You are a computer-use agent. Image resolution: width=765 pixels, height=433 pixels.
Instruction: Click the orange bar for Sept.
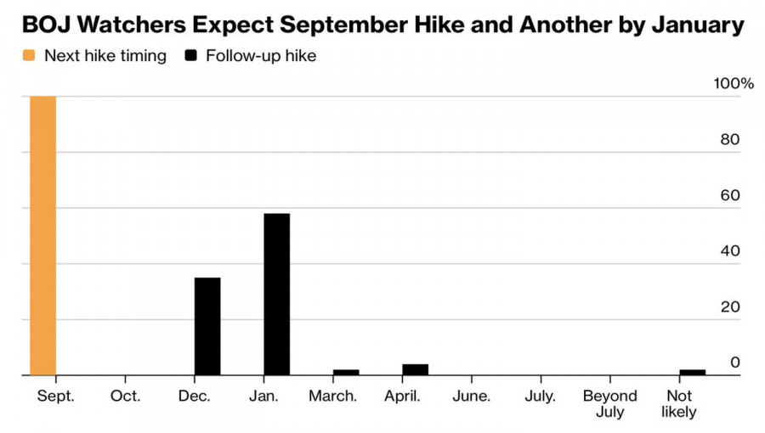[43, 236]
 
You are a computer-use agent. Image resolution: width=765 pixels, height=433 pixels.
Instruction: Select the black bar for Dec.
[207, 326]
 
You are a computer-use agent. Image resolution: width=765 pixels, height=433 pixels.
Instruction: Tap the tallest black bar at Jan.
[276, 295]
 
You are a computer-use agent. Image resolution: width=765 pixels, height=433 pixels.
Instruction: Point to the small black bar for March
[346, 373]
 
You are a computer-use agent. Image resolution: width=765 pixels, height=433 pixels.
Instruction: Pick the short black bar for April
[415, 369]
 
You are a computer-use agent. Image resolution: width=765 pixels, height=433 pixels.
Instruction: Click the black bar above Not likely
[692, 373]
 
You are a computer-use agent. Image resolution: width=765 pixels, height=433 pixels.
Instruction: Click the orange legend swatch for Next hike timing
[29, 55]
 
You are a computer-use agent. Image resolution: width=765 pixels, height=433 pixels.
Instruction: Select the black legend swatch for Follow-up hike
[190, 55]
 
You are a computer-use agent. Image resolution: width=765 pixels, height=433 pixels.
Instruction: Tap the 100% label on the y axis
[734, 83]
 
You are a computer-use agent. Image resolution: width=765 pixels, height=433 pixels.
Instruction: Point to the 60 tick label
[730, 195]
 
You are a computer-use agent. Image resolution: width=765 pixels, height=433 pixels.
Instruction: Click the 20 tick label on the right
[730, 306]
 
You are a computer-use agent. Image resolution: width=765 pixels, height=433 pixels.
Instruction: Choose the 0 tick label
[735, 363]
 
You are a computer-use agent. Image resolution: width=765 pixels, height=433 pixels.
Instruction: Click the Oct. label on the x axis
[126, 396]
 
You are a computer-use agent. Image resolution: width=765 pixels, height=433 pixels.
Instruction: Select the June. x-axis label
[471, 396]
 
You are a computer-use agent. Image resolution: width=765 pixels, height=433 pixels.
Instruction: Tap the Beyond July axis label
[609, 404]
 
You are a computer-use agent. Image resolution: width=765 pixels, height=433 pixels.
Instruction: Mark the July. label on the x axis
[541, 396]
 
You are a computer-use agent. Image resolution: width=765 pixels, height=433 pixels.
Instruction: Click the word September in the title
[343, 25]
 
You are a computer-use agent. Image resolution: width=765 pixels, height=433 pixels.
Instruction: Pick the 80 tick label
[730, 139]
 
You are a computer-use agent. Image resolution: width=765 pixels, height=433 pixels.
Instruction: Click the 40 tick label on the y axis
[730, 250]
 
